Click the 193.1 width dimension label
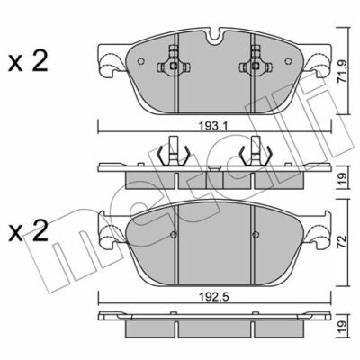click(213, 125)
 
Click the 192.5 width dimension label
click(214, 297)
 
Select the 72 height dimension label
click(342, 243)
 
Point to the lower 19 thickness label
click(342, 328)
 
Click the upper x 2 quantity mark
click(28, 61)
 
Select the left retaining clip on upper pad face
click(173, 62)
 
